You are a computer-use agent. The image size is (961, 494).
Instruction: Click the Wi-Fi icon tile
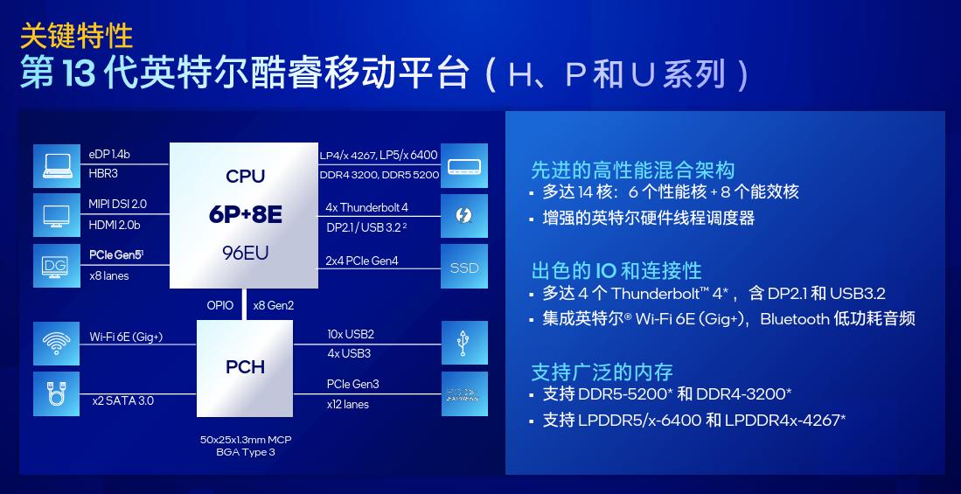point(56,344)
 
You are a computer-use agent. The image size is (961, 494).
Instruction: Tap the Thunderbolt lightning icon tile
point(464,216)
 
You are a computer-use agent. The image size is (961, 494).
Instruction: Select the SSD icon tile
point(464,268)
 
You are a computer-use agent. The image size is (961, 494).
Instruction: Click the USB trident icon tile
point(464,344)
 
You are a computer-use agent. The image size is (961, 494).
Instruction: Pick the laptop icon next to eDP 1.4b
point(56,165)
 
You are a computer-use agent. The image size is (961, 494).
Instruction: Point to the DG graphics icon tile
point(56,266)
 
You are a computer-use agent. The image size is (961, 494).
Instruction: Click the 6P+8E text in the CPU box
point(245,214)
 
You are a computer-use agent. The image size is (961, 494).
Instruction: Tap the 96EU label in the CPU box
point(245,254)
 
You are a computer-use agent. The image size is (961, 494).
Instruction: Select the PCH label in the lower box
point(245,367)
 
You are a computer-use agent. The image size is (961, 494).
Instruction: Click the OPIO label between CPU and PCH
point(220,304)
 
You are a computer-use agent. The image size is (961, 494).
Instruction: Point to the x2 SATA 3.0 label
point(122,400)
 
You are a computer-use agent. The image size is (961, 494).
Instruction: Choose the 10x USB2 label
point(351,335)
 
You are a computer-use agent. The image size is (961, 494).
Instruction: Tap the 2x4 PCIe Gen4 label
point(362,261)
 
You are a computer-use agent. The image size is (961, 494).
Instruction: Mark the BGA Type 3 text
point(241,452)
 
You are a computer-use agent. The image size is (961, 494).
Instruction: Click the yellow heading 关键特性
point(76,35)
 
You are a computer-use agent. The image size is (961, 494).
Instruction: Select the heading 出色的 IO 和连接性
point(616,270)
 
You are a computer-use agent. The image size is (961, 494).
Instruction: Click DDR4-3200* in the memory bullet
point(744,393)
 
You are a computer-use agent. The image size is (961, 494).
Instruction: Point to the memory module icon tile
point(464,165)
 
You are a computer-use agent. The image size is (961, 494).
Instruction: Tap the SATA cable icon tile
point(56,393)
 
